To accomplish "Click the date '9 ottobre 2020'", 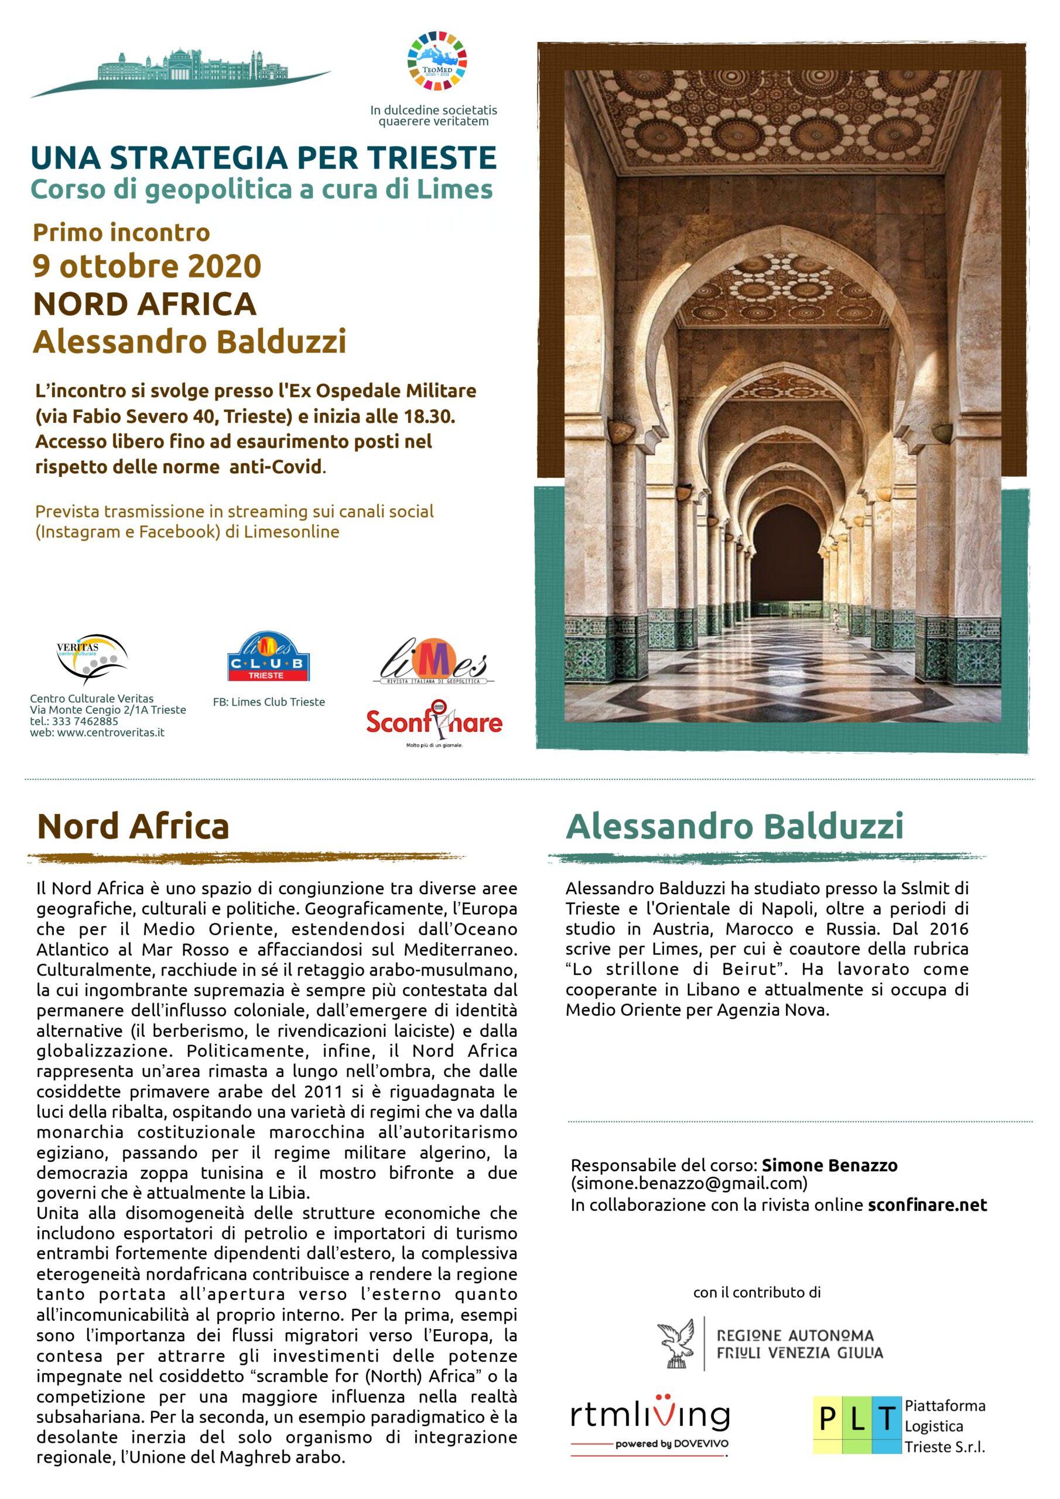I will [x=147, y=266].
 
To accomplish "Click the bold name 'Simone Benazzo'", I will [x=829, y=1165].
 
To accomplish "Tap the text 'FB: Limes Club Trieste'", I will [x=268, y=702].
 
